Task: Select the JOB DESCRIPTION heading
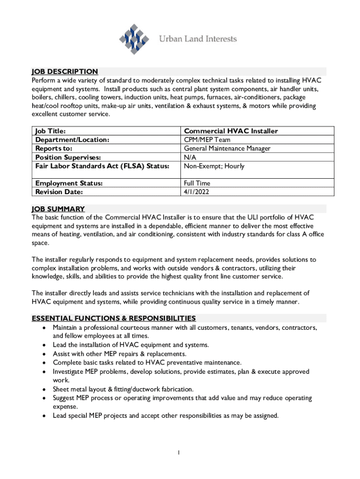click(x=65, y=72)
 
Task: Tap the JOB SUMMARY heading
click(x=58, y=209)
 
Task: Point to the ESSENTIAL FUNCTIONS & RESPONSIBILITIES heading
click(x=114, y=318)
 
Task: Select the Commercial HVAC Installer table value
click(x=231, y=131)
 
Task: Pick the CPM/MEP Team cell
click(x=207, y=140)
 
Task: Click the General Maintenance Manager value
click(x=227, y=149)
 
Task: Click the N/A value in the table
click(x=190, y=158)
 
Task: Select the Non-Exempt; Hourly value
click(x=214, y=166)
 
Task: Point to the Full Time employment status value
click(x=197, y=183)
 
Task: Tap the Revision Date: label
click(x=59, y=192)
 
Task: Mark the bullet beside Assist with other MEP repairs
click(x=43, y=354)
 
